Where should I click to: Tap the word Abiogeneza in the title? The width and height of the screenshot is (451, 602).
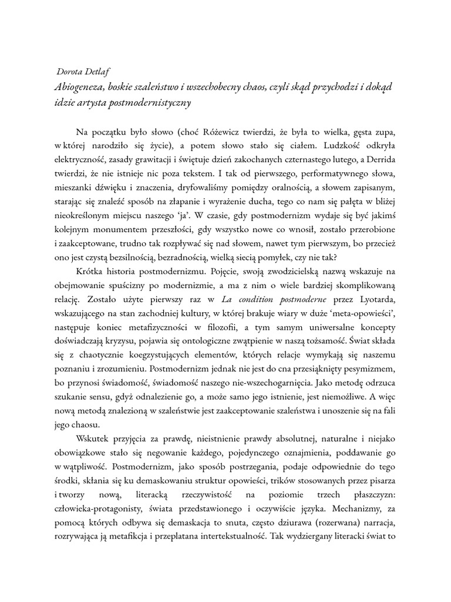pyautogui.click(x=79, y=86)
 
